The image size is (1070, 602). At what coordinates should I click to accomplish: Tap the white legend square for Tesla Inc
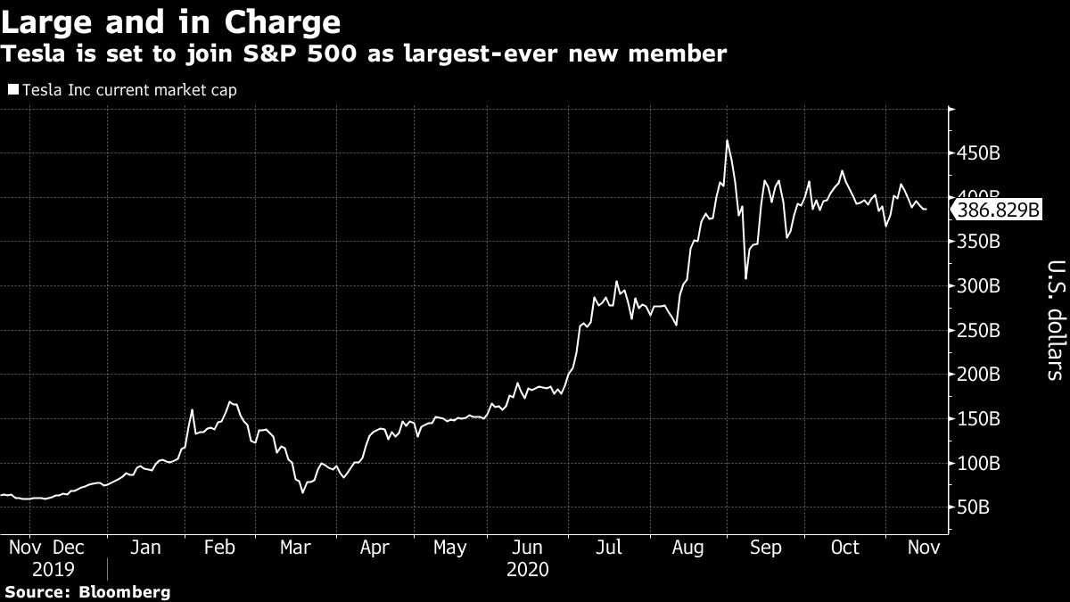[x=12, y=90]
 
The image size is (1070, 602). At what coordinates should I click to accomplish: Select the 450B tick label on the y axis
[x=978, y=153]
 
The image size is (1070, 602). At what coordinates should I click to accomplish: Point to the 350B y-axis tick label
[x=978, y=242]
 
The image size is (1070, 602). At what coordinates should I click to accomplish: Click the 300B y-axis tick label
[x=978, y=286]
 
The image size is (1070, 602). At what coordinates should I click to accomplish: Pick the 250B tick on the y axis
[x=978, y=331]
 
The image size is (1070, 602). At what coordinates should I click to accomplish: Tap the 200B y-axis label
[x=978, y=375]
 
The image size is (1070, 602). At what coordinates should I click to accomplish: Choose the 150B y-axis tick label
[x=978, y=419]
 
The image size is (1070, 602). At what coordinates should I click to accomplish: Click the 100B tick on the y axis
[x=978, y=464]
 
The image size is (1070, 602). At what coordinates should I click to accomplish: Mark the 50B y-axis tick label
[x=974, y=507]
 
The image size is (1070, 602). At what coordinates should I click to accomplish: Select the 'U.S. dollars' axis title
[x=1054, y=319]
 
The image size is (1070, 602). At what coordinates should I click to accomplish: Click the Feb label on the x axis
[x=218, y=547]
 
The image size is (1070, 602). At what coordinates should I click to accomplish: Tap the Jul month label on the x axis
[x=608, y=547]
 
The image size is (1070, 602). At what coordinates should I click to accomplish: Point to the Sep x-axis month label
[x=764, y=547]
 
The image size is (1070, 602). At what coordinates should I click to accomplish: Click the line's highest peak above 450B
[x=727, y=141]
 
